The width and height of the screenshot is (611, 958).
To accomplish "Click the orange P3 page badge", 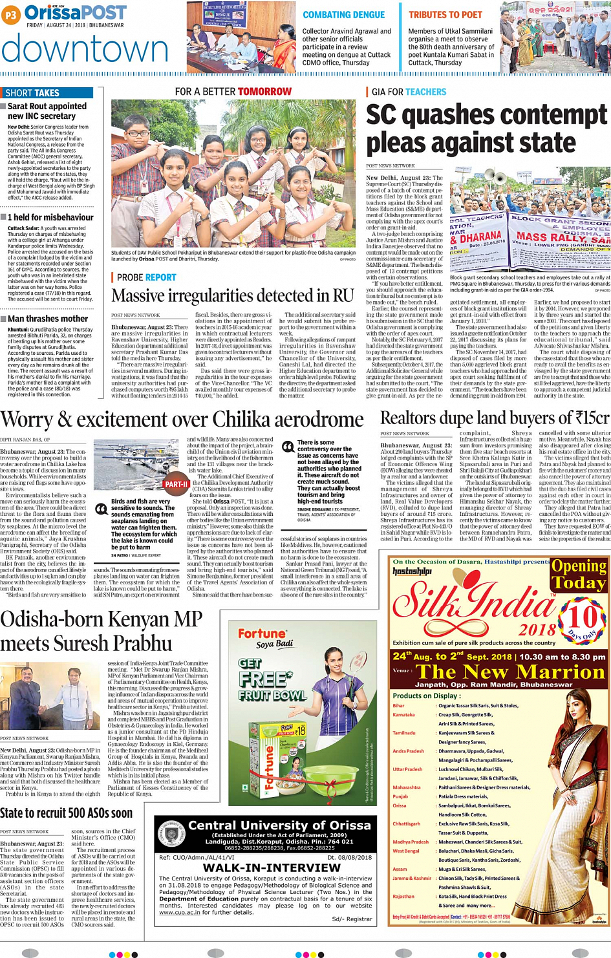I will tap(11, 16).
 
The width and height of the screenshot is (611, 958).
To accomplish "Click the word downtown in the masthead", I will tap(85, 49).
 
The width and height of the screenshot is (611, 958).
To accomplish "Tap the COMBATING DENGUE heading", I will tap(343, 15).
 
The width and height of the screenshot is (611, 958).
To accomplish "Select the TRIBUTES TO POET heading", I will tap(445, 15).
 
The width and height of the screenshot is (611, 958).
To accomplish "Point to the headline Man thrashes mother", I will tap(47, 319).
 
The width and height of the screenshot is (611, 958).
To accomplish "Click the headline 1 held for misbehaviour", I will tap(50, 217).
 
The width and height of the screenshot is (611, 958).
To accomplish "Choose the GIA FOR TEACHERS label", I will tap(409, 92).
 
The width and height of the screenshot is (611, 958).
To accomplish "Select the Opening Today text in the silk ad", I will tap(577, 574).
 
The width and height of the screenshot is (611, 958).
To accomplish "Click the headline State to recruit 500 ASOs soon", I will tap(66, 813).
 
